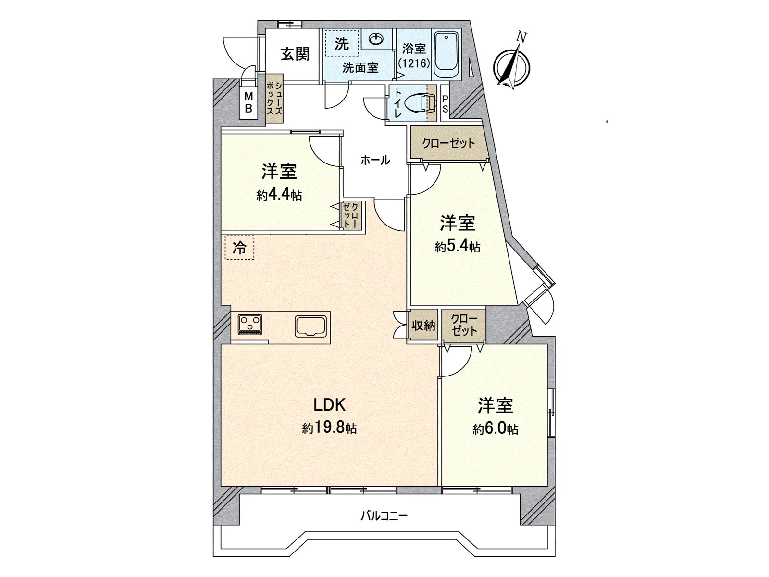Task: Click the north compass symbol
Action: click(x=512, y=66)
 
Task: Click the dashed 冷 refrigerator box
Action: click(x=239, y=248)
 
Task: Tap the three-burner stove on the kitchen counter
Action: click(x=250, y=324)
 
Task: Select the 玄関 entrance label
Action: click(x=295, y=54)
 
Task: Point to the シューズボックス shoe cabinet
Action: click(x=275, y=99)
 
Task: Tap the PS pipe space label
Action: click(x=445, y=104)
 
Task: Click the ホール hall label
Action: click(x=375, y=160)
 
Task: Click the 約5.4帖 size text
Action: click(x=457, y=247)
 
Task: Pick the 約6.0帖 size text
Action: click(x=495, y=429)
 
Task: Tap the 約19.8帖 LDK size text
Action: click(x=329, y=428)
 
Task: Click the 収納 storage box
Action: click(x=423, y=326)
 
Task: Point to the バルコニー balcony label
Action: click(x=384, y=516)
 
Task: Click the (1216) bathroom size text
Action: click(x=414, y=63)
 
